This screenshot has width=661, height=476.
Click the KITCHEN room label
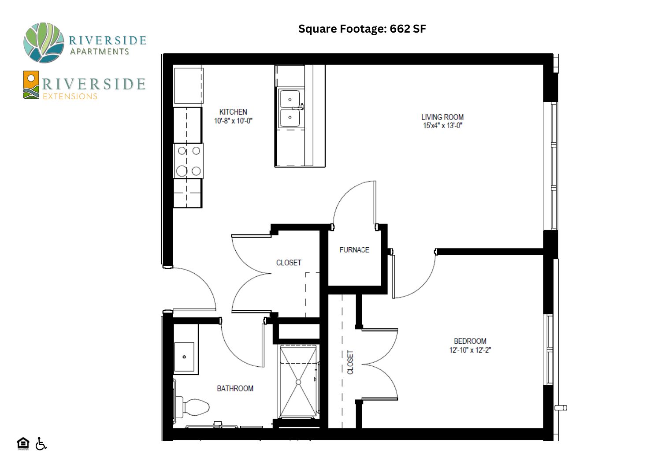[x=233, y=112]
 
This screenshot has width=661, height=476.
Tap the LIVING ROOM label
[x=442, y=117]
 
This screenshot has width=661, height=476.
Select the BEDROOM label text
[x=470, y=341]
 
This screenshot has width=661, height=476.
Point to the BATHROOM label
[x=235, y=388]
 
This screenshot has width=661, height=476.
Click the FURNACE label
[x=354, y=250]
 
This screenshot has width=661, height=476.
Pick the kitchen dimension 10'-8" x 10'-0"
[x=233, y=121]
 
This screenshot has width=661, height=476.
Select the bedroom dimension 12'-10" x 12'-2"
[x=470, y=350]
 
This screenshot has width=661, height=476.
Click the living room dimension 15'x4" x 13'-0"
[x=442, y=126]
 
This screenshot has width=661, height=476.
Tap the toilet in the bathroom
[x=192, y=407]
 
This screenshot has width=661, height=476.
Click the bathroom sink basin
[x=184, y=357]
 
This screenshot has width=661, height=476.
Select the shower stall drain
[x=298, y=382]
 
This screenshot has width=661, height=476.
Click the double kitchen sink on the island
[x=290, y=108]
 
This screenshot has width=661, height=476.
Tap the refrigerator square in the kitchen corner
[x=189, y=86]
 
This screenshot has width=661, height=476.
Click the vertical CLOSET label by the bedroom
[x=350, y=362]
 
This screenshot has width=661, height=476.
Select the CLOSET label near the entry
[x=289, y=263]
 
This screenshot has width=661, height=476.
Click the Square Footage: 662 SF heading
[x=362, y=29]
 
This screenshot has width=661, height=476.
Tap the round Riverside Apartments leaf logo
[x=44, y=43]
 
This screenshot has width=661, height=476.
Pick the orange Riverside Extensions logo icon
[x=31, y=85]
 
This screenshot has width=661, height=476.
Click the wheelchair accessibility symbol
[x=41, y=443]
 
